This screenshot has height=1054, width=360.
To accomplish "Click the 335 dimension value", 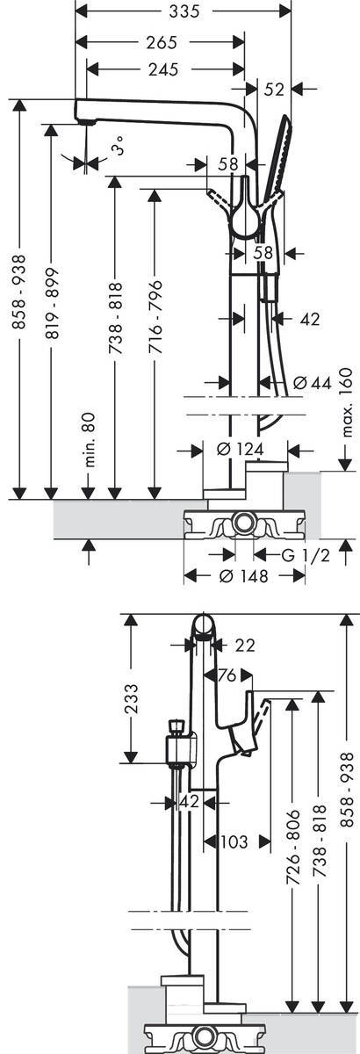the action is [184, 11].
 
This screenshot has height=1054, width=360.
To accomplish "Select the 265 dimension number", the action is [161, 42].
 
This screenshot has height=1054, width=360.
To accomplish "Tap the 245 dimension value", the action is [164, 69].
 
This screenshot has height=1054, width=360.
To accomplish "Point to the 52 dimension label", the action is [274, 90].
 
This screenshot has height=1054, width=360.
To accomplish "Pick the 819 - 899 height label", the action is [52, 304].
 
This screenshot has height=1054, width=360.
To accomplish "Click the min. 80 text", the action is [90, 439].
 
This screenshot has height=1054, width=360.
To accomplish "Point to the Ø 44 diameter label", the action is [313, 384].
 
